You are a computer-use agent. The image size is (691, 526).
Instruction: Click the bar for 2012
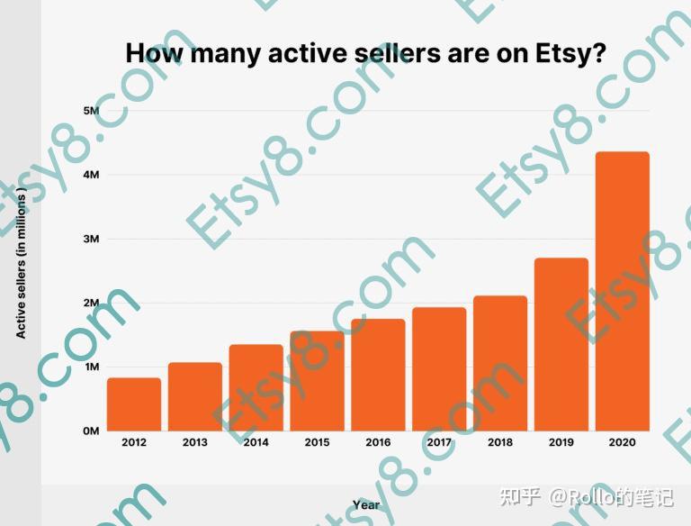[134, 404]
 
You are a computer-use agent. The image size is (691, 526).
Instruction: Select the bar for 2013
[195, 396]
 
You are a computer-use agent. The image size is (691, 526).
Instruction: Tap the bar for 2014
[256, 387]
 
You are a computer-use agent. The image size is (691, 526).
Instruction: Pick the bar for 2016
[378, 375]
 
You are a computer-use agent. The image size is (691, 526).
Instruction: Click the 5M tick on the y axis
[91, 110]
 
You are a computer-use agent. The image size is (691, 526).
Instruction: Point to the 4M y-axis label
[91, 174]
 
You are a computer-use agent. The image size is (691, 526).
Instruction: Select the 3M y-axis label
[91, 239]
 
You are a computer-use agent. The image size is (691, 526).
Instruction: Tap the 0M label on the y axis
[91, 431]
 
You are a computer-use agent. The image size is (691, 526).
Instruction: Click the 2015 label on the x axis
[317, 442]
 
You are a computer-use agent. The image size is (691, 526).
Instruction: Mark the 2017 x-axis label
[439, 442]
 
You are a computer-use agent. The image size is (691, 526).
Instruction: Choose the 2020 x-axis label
[623, 442]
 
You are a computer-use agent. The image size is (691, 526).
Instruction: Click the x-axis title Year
[366, 505]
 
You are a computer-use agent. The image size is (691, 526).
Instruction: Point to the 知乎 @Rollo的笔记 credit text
[586, 496]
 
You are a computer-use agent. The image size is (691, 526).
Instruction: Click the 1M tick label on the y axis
[91, 367]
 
